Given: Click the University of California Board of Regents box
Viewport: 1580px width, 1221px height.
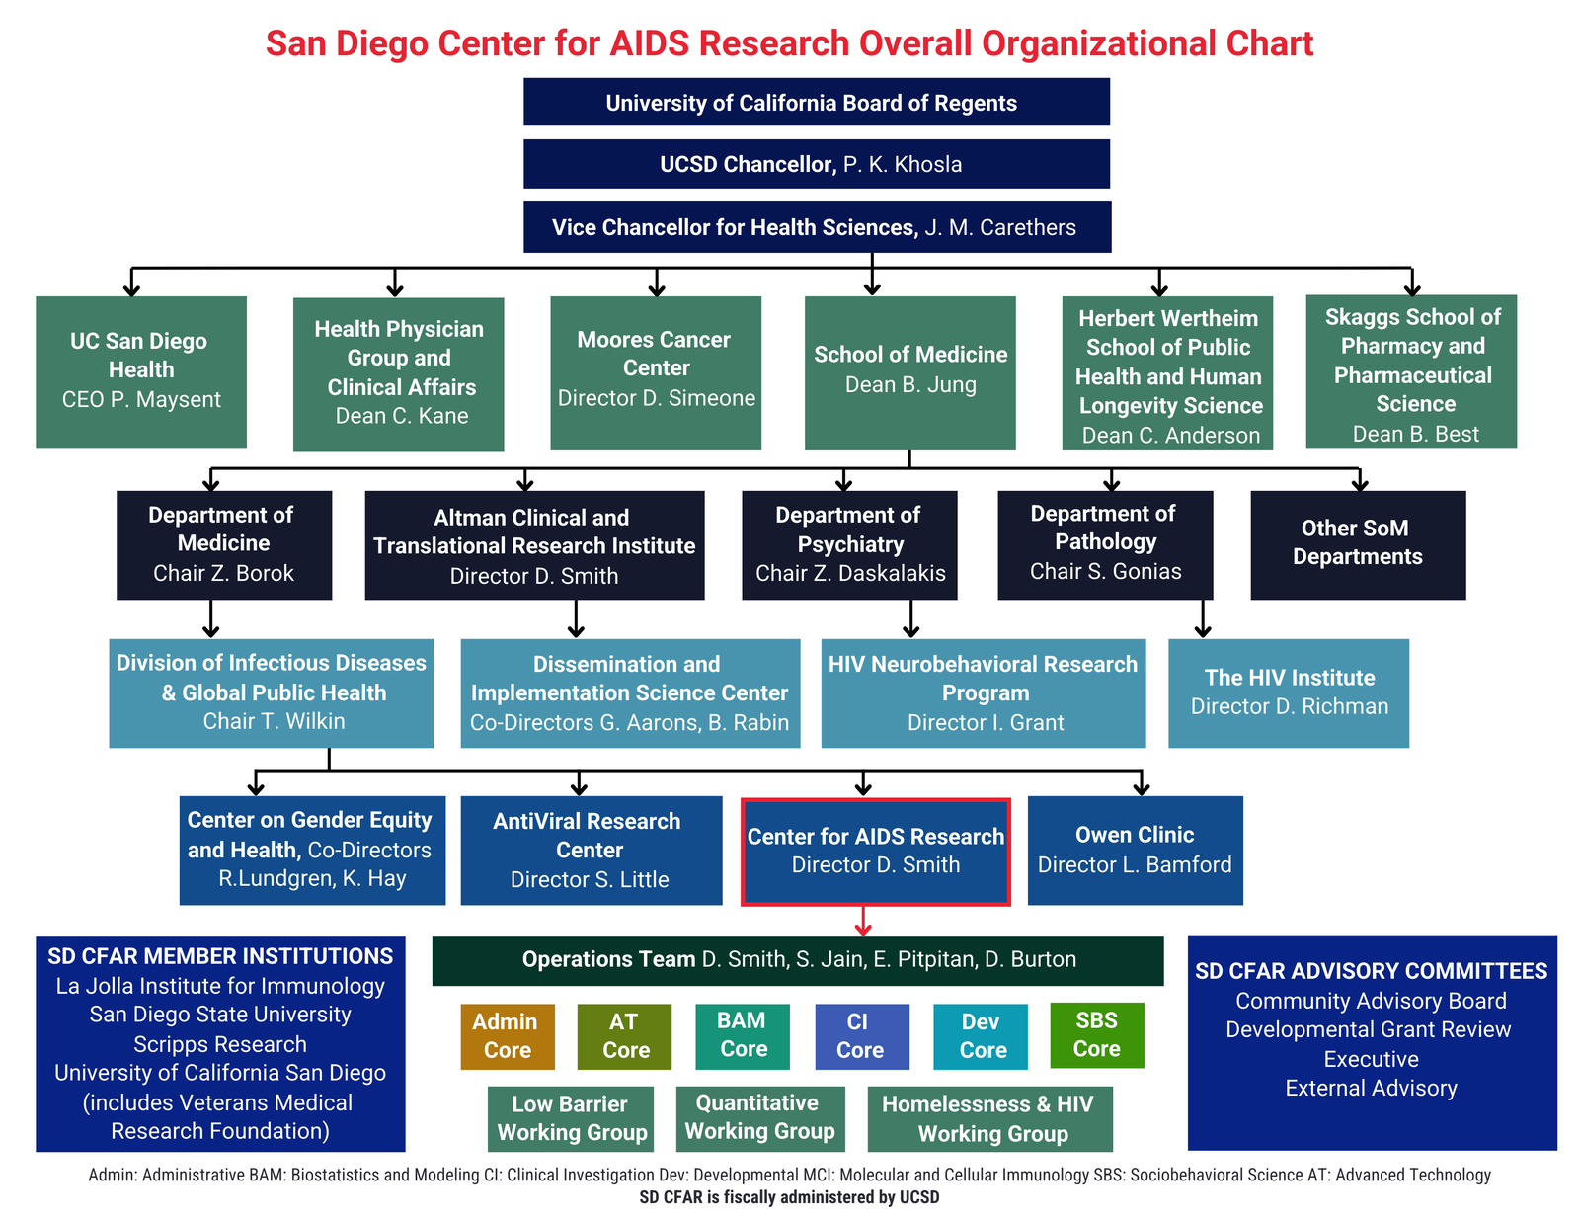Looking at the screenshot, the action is [816, 102].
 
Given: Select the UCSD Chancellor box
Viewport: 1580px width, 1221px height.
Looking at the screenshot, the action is [816, 164].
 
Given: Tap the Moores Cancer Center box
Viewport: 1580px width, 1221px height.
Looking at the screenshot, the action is [655, 373].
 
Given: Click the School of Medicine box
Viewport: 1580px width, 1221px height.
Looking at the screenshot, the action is [909, 373].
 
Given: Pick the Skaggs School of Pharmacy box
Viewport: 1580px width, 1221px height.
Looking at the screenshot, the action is [1410, 371].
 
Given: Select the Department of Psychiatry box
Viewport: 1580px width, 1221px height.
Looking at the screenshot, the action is [849, 544].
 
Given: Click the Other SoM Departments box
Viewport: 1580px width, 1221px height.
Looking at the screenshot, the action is [1358, 544].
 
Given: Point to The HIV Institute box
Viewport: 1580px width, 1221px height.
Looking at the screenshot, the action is [1289, 693].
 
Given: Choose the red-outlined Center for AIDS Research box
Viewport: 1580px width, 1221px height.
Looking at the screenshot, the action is [876, 852].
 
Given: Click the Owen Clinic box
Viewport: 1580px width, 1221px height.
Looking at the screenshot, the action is [1135, 851].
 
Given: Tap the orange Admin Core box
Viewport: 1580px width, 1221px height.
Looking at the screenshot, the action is [508, 1036].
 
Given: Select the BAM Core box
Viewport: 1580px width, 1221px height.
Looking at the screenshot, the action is [743, 1036].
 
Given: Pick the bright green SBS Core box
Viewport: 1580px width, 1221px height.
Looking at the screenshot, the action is [1096, 1035].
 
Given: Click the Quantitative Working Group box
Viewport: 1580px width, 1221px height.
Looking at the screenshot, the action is [759, 1118].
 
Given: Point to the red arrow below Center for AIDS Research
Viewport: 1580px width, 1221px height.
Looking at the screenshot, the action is [863, 921].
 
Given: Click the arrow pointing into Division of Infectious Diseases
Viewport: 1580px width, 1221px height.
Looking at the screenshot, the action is [211, 618].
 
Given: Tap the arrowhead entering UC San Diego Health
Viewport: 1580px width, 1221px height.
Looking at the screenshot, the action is [131, 290].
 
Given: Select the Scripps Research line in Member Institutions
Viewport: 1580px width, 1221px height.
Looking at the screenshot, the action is [220, 1044].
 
